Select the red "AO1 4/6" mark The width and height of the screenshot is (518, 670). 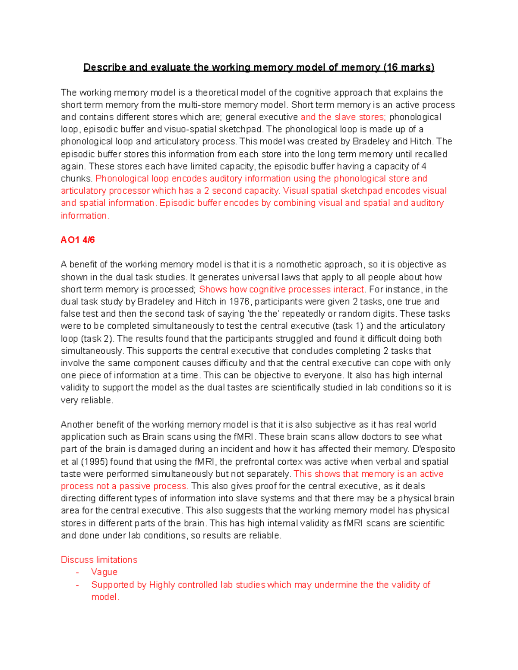coord(78,240)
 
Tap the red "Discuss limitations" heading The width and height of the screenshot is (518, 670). coord(99,560)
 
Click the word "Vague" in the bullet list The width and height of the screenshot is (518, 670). coord(104,572)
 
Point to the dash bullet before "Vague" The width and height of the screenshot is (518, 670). coord(77,572)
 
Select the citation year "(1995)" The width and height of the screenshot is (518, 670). coord(94,462)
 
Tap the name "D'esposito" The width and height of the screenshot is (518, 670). coord(434,449)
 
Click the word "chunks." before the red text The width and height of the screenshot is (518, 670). coord(76,179)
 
